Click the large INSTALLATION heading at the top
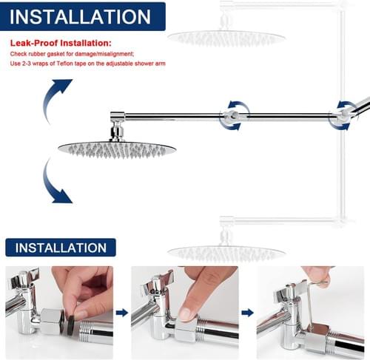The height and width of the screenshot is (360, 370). click(80, 17)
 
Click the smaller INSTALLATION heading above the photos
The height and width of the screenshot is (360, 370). click(61, 248)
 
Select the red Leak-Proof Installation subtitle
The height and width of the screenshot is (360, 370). click(61, 43)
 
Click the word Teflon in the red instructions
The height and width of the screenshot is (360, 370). click(65, 64)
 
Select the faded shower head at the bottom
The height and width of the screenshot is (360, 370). click(226, 253)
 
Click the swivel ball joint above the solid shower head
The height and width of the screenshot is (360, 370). click(117, 131)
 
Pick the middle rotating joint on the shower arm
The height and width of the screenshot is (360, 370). click(232, 116)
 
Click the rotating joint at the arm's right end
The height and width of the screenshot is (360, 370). click(343, 115)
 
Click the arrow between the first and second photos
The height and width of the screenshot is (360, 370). click(122, 313)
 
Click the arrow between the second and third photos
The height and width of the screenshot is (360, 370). click(248, 313)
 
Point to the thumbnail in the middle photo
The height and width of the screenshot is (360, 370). click(186, 315)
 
